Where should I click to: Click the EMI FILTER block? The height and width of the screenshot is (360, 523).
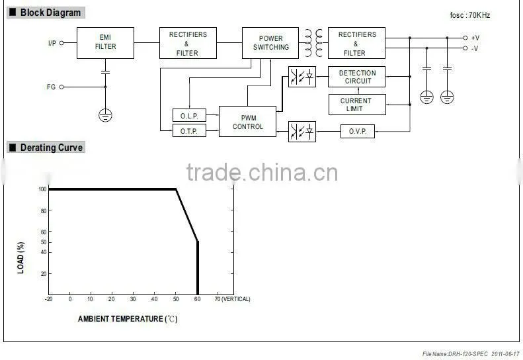coord(105,43)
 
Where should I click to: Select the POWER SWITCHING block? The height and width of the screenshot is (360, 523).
coord(270,43)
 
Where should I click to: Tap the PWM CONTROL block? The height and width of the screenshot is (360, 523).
coord(247,122)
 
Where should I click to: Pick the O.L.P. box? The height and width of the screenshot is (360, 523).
coord(189,116)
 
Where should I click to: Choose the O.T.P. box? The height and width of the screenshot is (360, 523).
coord(189,130)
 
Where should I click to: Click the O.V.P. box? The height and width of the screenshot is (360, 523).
coord(358,131)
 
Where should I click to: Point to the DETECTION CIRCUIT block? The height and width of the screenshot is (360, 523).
coord(356,77)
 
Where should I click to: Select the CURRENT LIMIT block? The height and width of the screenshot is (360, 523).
coord(357,105)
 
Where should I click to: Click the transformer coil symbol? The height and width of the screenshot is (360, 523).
coord(313,43)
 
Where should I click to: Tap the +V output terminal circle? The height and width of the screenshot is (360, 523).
coord(465,38)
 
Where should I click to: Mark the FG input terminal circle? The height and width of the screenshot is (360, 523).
coord(61,87)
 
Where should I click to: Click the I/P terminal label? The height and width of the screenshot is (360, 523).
coord(52,43)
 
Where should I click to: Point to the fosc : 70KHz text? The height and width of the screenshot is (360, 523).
coord(470,15)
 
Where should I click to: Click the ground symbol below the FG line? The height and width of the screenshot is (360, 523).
coord(105,115)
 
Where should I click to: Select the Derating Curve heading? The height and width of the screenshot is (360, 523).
coord(52,148)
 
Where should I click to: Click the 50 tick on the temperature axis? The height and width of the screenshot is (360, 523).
coord(176,299)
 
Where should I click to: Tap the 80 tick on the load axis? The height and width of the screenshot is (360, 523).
coord(44,210)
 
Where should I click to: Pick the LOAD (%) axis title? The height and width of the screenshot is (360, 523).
coord(20,258)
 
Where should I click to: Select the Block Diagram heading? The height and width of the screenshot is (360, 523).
coord(51,13)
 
